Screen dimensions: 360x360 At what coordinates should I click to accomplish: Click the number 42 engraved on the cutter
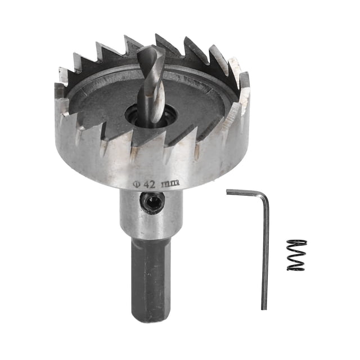150,184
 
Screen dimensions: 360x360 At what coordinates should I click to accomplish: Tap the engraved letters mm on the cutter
170,183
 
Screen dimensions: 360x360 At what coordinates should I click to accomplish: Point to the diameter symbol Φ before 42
137,184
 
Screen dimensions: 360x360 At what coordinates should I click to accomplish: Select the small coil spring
296,255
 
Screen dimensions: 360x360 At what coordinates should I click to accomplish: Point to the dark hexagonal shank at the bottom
151,281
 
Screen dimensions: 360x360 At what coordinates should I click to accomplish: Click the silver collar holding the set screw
151,214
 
